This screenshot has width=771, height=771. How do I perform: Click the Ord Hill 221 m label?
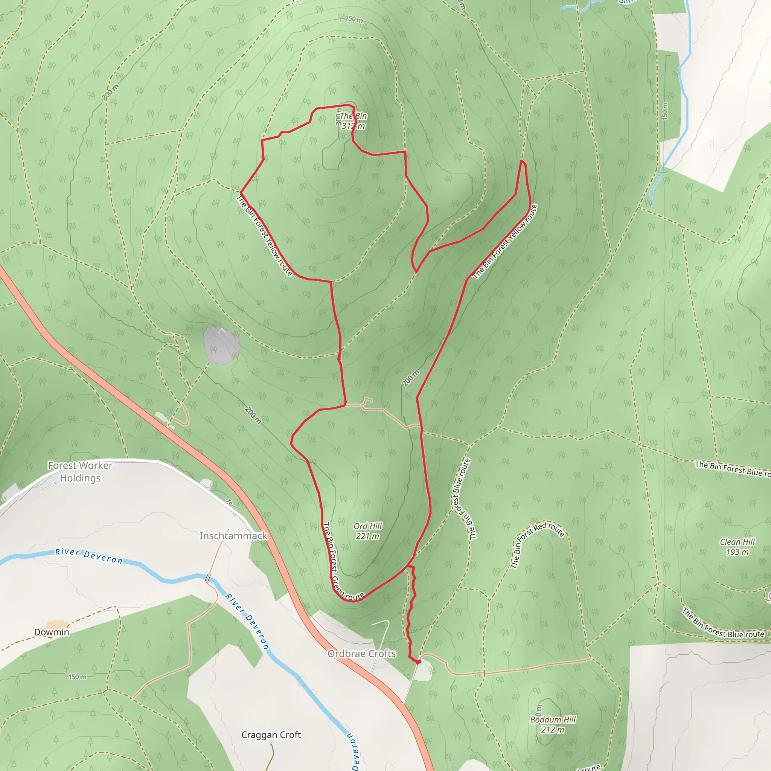point(367,531)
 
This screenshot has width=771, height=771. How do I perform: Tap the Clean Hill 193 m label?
point(737,547)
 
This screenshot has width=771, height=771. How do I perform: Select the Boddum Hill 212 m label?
point(553,724)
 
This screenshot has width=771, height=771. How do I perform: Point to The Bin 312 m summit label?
point(353,121)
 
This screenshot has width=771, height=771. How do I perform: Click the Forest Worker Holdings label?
point(80,472)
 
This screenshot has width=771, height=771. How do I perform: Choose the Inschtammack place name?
point(233,536)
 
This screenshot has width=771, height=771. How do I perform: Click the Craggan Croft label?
point(271,735)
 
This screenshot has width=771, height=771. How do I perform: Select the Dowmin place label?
point(52,632)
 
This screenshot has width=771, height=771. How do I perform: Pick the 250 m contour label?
point(354,19)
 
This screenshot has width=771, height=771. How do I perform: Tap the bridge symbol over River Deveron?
point(207,578)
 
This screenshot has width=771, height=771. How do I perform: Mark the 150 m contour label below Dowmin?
point(77,677)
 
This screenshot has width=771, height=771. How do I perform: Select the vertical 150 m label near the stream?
point(664,111)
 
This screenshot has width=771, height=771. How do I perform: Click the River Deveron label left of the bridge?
point(89,556)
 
